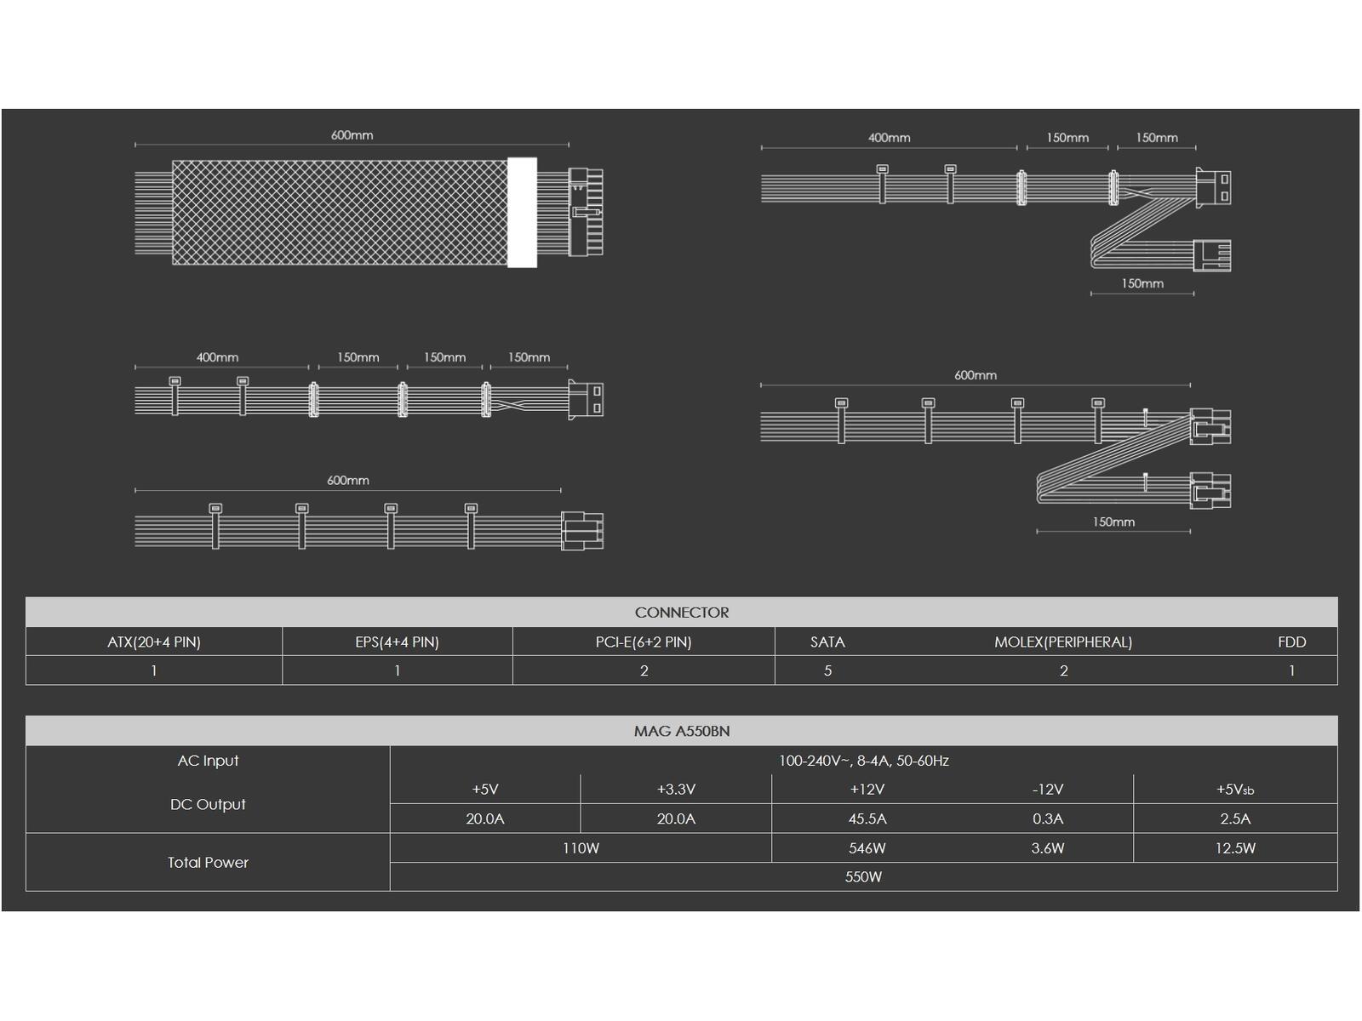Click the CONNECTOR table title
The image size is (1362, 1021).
point(681,613)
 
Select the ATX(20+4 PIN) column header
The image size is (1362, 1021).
point(154,642)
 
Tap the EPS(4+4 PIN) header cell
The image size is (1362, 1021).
point(398,642)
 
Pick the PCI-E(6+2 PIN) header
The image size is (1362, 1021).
point(644,642)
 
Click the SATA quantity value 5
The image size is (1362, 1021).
point(827,670)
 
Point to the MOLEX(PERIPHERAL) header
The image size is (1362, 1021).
point(1063,642)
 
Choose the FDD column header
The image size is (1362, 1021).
point(1292,642)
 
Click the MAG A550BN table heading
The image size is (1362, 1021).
point(681,732)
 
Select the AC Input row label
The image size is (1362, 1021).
point(208,761)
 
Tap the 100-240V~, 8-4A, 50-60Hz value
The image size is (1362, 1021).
point(864,761)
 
